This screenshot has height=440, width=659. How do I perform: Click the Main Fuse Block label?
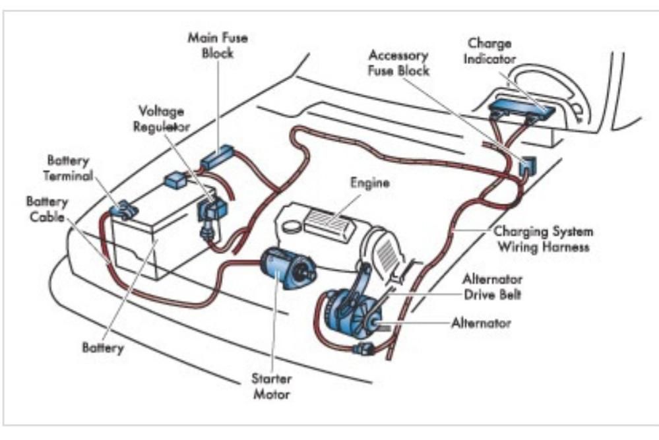click(x=218, y=45)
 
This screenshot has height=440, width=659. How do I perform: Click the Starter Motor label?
click(x=270, y=387)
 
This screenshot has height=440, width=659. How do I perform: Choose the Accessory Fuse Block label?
click(x=398, y=62)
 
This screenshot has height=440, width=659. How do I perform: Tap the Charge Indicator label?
click(x=489, y=51)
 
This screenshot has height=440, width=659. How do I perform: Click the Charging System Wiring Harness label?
click(x=543, y=239)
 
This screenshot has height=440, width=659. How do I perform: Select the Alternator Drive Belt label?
click(x=491, y=286)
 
